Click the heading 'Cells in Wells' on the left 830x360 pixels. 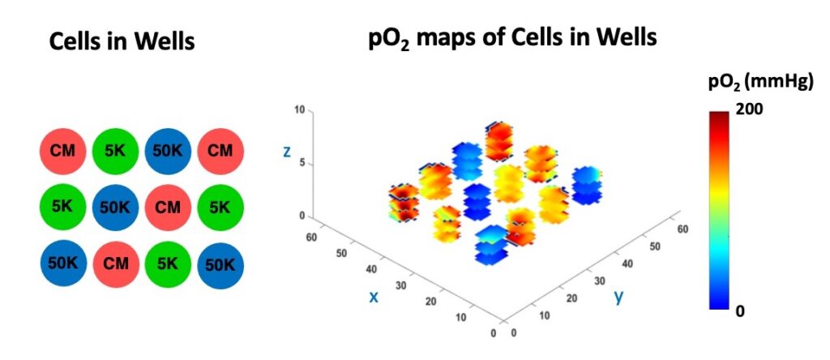pos(122,41)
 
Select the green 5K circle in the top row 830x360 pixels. pos(115,151)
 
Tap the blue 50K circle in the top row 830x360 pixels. pos(168,151)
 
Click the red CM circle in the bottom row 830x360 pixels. pos(115,263)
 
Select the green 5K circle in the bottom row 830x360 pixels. pos(168,263)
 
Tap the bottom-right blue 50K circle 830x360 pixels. pos(220,263)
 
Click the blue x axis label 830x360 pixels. pos(374,296)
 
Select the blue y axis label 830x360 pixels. pos(618,296)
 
